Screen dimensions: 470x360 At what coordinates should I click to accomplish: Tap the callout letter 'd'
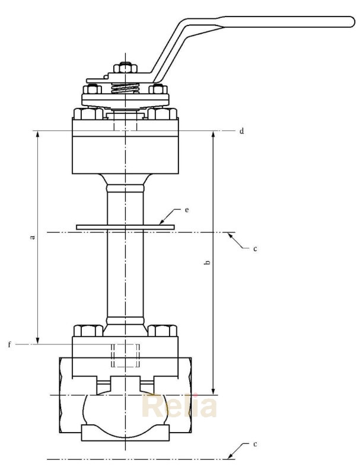(241, 130)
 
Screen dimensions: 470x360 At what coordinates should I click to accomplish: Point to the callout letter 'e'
(186, 210)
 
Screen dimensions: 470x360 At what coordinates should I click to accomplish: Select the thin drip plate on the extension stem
(125, 226)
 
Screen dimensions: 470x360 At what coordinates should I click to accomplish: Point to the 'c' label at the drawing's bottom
(254, 445)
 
